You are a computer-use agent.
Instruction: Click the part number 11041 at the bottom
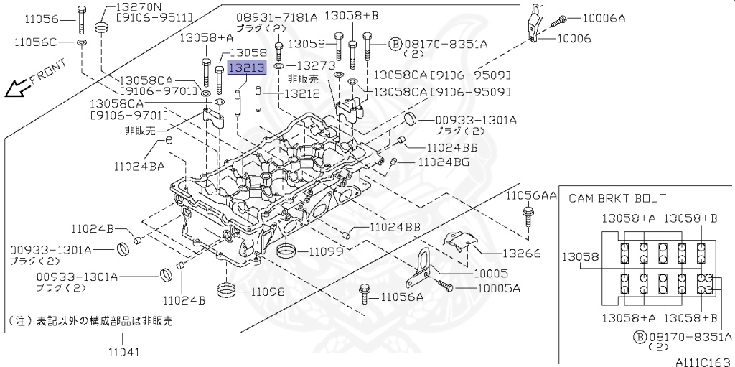(123, 352)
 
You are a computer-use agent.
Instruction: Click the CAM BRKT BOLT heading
(617, 198)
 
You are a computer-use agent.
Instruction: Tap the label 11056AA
(531, 196)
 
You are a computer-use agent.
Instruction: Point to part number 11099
(328, 251)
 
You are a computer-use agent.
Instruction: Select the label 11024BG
(443, 162)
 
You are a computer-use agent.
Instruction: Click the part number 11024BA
(139, 166)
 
